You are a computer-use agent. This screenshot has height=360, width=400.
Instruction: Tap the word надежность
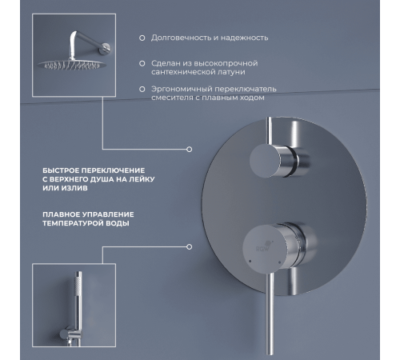coord(245,38)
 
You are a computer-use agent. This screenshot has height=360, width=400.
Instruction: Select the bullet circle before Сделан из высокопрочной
coord(142,62)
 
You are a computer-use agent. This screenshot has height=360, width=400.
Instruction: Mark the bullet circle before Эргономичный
coord(142,89)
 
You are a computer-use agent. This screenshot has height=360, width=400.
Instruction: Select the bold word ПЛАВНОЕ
coord(64,214)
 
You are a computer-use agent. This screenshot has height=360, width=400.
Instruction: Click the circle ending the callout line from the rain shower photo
coord(189,149)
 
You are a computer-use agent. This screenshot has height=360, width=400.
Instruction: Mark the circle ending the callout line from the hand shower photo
coord(189,247)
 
